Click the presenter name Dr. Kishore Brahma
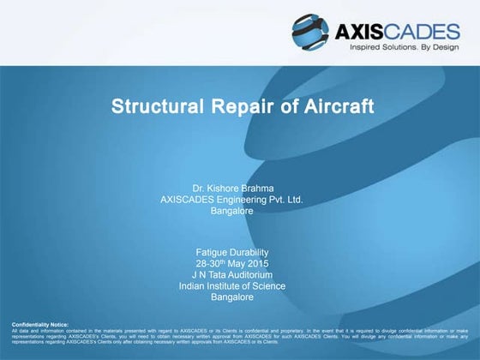click(232, 186)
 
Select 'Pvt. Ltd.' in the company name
click(283, 198)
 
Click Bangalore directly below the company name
click(232, 210)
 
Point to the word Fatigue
click(213, 252)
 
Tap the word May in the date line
click(243, 263)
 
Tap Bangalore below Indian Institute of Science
click(232, 297)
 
